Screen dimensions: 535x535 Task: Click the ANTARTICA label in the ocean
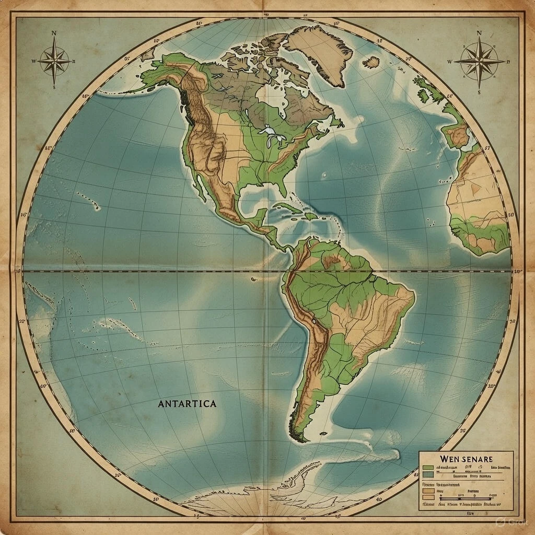point(187,404)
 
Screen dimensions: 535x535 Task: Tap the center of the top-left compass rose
point(54,61)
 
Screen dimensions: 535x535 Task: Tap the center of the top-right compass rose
point(479,61)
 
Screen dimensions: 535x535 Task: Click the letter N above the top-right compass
point(479,33)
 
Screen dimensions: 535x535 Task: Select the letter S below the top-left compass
point(54,87)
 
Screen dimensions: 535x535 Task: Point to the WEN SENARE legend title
point(467,458)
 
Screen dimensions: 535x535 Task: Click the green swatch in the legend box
point(428,467)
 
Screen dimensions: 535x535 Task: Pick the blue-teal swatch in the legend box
point(428,474)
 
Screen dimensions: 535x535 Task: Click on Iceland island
point(371,63)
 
